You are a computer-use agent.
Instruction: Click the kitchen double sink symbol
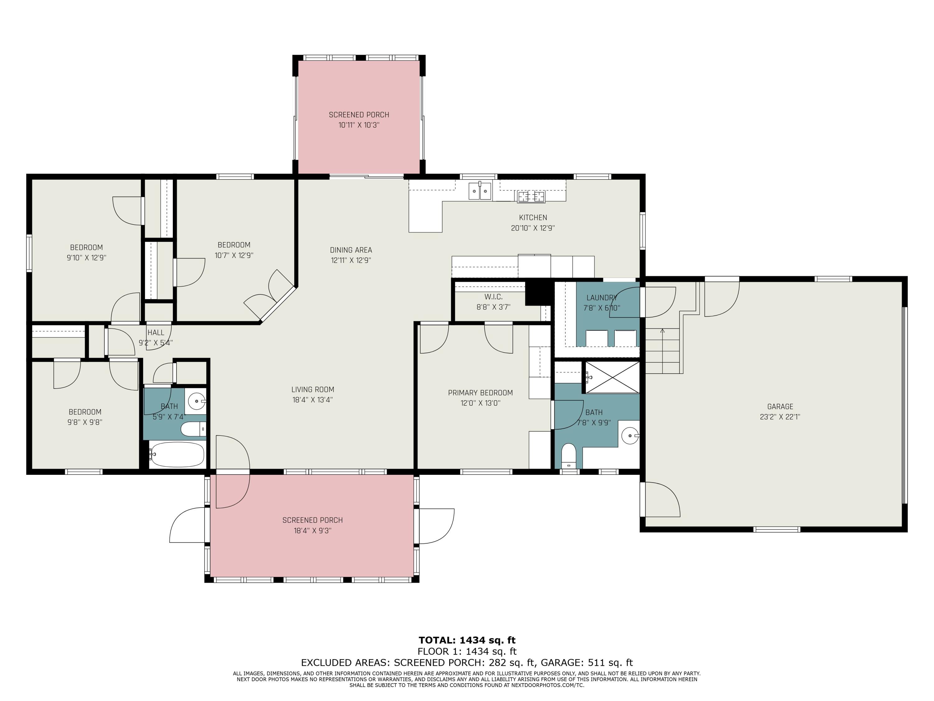point(480,191)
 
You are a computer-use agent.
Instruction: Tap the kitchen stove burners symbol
point(531,196)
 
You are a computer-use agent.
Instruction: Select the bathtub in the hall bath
point(177,455)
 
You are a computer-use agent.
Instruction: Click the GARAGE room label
point(780,407)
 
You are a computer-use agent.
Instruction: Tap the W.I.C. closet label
point(493,297)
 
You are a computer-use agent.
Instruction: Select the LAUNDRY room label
point(601,298)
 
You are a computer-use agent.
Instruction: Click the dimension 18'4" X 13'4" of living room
point(313,400)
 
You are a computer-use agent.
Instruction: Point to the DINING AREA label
point(351,250)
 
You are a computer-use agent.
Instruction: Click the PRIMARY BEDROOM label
point(480,393)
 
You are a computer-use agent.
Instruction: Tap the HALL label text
point(156,332)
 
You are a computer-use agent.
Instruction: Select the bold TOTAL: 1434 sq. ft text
point(467,640)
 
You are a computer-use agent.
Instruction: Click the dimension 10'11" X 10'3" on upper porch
point(359,125)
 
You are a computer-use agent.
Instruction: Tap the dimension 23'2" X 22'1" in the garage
point(780,417)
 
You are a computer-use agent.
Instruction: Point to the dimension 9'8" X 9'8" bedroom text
point(85,422)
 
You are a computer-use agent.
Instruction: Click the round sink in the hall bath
point(196,401)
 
